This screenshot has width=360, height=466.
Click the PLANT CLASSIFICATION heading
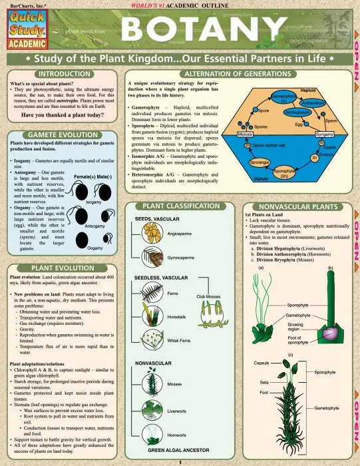tap(180, 207)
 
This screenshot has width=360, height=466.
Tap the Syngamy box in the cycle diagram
tap(325, 134)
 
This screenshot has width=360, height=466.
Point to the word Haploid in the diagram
tap(308, 90)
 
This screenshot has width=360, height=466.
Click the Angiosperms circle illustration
tap(152, 234)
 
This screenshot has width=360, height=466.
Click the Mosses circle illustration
tap(152, 384)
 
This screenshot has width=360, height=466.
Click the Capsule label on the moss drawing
tap(262, 363)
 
